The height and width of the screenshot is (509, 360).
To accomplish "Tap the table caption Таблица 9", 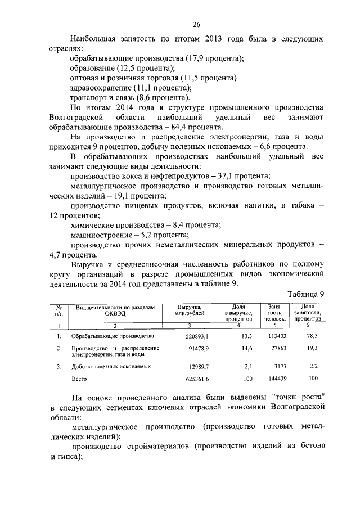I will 306,293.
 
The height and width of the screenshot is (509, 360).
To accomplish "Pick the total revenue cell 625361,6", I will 194,379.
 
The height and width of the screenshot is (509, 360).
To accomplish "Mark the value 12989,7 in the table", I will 197,366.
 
